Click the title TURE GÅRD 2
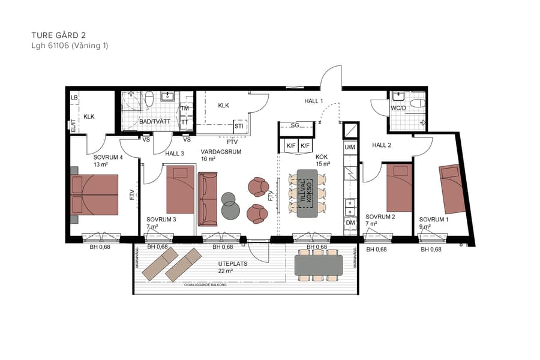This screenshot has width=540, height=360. (62, 35)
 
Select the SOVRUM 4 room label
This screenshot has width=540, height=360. (108, 158)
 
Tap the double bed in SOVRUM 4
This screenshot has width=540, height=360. (94, 194)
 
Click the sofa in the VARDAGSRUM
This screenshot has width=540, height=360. (208, 198)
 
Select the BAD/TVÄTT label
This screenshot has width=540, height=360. (155, 122)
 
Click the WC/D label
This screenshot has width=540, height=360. (399, 109)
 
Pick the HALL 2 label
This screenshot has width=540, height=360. (382, 145)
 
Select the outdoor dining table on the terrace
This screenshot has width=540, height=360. (318, 265)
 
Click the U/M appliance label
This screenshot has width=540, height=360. (350, 147)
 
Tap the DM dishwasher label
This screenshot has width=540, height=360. (350, 223)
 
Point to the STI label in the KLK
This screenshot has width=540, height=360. (239, 127)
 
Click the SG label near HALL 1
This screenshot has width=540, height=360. (295, 125)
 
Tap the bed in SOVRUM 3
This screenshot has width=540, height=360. (180, 191)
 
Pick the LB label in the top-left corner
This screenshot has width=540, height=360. (74, 98)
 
